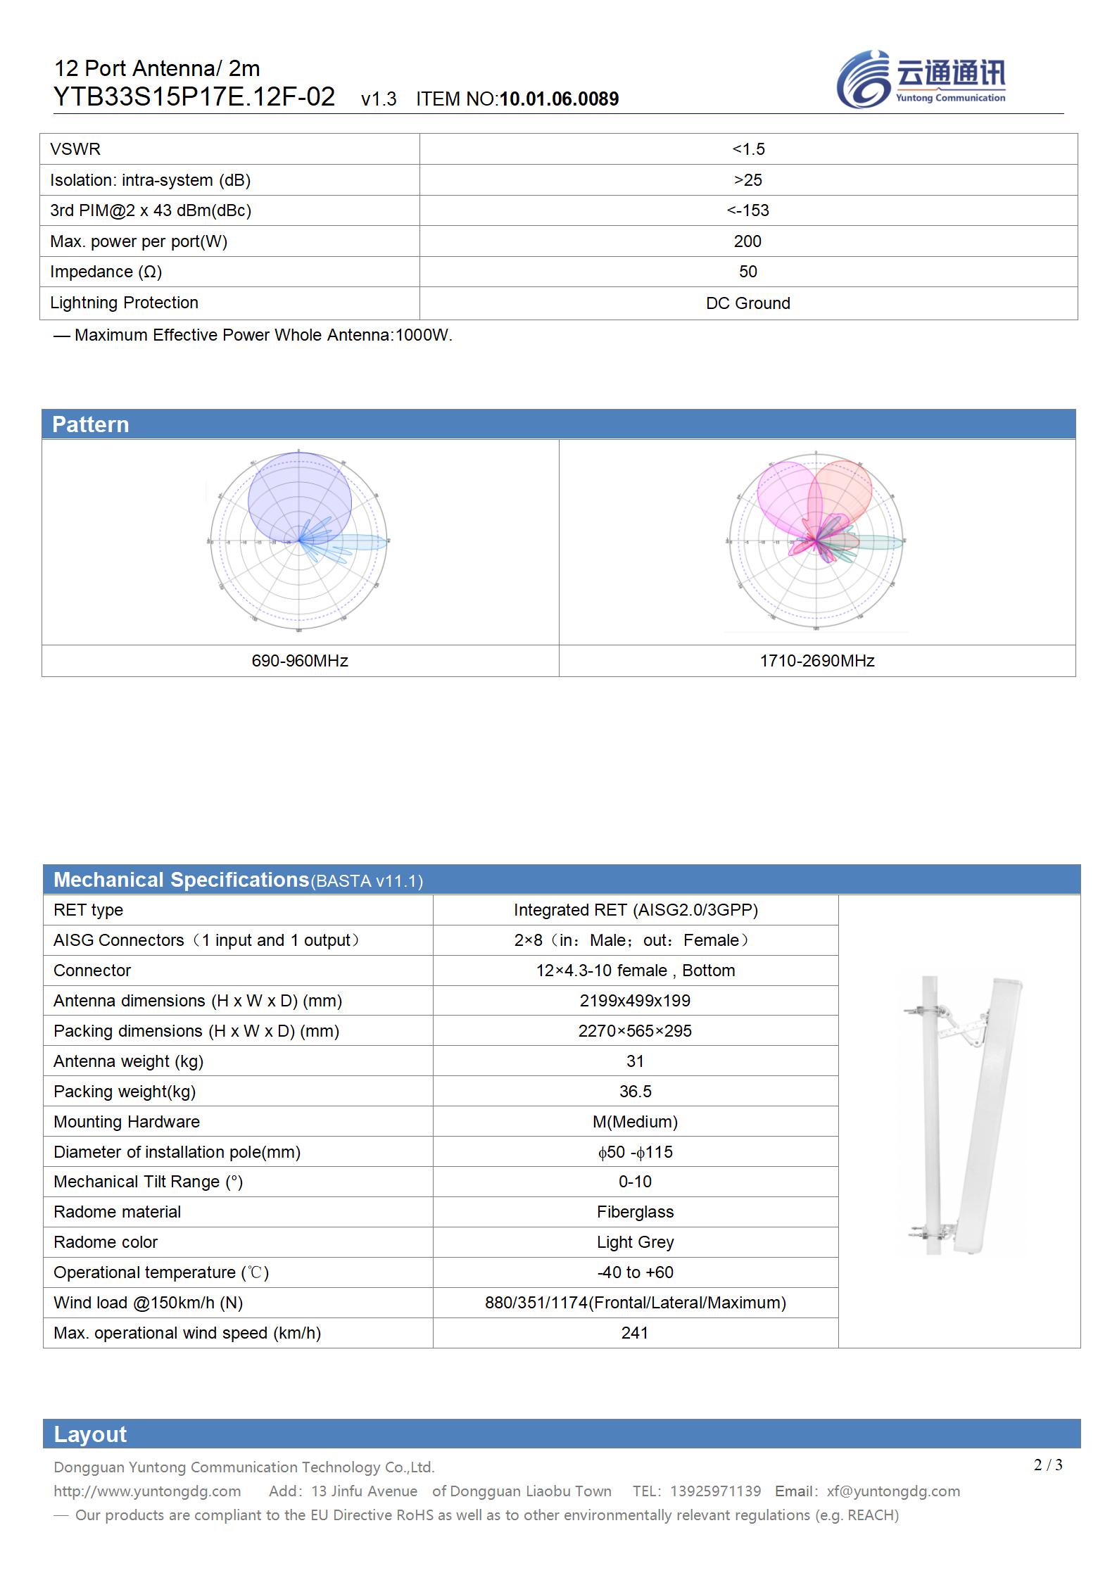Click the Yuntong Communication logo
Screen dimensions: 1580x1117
tap(921, 80)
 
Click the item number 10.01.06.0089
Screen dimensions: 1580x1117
tap(559, 99)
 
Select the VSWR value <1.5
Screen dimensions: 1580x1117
tap(747, 149)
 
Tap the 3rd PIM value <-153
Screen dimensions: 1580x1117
tap(747, 210)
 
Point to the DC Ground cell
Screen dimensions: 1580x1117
tap(747, 303)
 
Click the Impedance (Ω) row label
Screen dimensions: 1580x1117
tap(106, 272)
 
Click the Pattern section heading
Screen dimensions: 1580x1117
tap(91, 424)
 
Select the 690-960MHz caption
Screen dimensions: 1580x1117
tap(300, 661)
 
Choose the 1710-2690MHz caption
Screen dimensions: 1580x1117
tap(816, 661)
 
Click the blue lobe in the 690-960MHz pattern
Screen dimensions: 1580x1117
tap(299, 496)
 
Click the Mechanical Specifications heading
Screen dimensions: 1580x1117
tap(181, 880)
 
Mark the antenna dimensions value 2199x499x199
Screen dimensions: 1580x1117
tap(635, 1001)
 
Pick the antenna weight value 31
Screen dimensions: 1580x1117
tap(635, 1061)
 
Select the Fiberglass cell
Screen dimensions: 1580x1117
tap(635, 1212)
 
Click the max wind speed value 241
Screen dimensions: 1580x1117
tap(635, 1333)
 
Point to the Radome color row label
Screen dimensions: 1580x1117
tap(106, 1242)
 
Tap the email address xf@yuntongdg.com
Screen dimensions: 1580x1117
tap(893, 1491)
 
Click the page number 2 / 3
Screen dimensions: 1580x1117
tap(1048, 1465)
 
